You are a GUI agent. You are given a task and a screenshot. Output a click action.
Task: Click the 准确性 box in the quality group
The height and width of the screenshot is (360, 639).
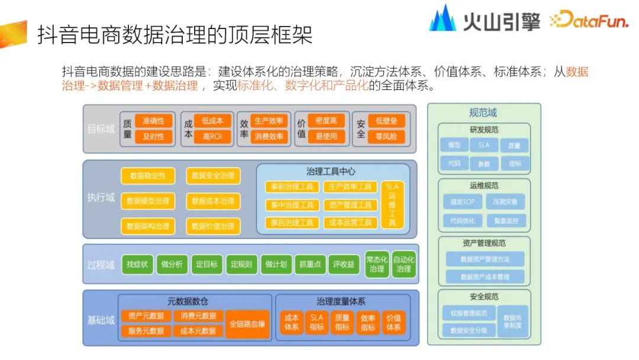153,121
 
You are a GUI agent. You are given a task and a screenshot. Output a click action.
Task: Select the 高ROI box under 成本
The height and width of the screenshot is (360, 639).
212,137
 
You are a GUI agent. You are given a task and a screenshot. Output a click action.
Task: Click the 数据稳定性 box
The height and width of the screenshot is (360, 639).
148,176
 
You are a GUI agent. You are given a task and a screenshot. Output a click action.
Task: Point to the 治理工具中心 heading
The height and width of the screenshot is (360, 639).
331,172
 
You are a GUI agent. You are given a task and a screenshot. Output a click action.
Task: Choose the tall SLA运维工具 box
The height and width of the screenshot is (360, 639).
392,204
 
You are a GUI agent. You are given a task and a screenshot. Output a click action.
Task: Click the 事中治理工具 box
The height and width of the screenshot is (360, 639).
292,205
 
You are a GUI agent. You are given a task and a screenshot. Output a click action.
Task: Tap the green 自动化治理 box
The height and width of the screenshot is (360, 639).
404,264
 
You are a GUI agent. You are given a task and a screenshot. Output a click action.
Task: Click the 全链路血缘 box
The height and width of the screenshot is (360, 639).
247,324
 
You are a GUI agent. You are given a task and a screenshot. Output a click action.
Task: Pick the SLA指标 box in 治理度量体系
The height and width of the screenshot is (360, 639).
317,323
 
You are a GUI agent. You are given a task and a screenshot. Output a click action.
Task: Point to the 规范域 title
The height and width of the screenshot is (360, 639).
483,112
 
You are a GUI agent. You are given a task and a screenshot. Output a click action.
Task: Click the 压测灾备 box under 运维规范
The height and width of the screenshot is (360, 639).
505,201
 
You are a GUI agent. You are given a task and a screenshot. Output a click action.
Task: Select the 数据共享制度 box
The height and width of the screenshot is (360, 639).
512,321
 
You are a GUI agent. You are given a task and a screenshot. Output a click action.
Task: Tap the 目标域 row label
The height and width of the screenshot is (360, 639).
101,128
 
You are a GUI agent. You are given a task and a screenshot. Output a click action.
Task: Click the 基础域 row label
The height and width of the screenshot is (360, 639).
101,320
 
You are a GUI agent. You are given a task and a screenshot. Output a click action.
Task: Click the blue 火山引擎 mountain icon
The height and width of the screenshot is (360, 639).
443,19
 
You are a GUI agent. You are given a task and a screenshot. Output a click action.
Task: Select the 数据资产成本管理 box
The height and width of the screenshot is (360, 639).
485,277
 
